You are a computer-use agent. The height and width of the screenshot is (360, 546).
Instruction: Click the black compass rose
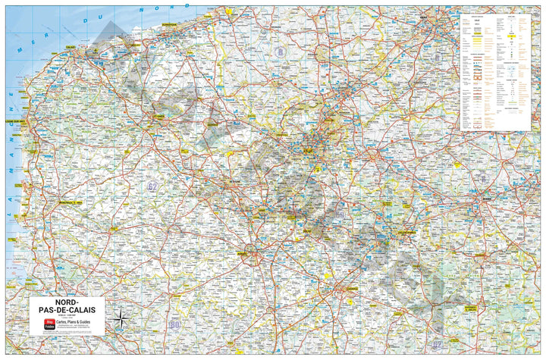119,319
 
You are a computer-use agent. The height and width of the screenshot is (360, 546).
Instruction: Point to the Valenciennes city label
407,233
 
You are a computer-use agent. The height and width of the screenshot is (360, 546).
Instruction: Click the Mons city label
486,200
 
